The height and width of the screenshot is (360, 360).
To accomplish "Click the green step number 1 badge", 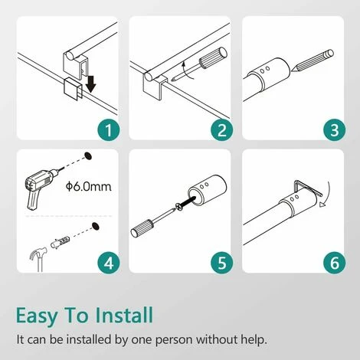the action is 109,129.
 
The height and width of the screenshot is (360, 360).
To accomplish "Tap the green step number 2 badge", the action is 221,129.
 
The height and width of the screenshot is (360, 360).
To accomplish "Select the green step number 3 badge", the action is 335,129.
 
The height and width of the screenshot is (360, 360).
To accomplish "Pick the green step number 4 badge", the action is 109,263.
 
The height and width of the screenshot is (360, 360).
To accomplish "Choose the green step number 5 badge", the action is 221,263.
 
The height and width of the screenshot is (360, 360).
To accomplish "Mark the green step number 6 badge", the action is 335,263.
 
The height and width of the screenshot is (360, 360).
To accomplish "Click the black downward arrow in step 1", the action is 90,83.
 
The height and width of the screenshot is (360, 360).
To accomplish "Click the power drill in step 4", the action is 43,187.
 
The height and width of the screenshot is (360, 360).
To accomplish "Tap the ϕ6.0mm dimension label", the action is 89,187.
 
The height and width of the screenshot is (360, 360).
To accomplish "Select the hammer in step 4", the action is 38,258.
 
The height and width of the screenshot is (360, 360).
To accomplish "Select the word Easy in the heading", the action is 36,316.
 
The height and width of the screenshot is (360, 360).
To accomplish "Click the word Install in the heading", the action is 124,315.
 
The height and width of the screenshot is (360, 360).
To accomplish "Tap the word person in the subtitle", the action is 173,341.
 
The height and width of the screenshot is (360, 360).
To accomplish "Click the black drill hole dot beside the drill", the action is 88,155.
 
